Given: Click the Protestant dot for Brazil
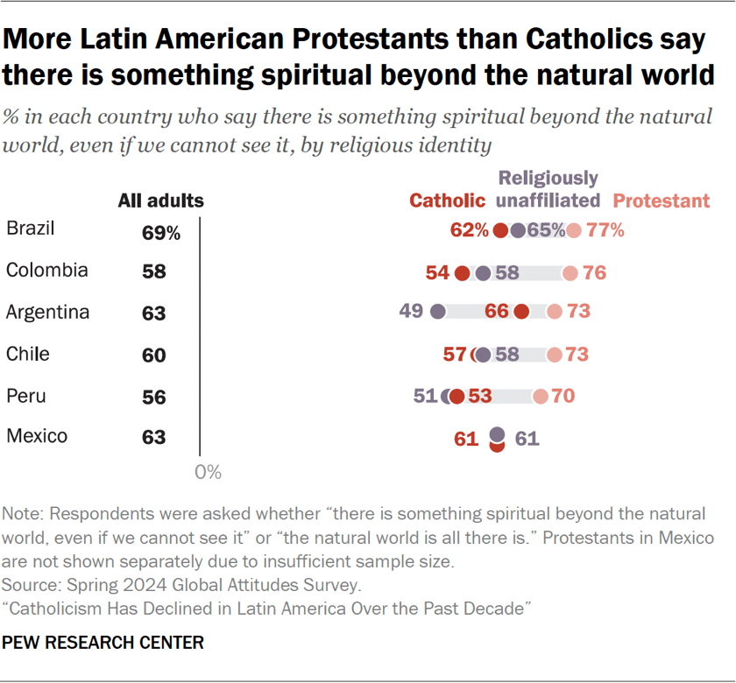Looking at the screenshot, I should pos(573,231).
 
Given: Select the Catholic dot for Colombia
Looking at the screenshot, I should pos(463,273).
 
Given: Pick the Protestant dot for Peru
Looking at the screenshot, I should pos(541,397).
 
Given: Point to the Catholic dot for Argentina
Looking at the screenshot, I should pos(521,312).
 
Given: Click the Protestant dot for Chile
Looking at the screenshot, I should pos(554,355).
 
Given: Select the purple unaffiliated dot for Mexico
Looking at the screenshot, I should pos(497,433).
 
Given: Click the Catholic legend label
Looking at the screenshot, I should pos(447,201).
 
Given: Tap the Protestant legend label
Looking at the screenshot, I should pos(662,201).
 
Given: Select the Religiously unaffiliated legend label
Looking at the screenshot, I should pos(548,189).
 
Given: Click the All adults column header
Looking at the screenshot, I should pos(161,201).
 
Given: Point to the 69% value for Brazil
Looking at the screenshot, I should pos(161,233).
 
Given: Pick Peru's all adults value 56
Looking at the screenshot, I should pos(154,397).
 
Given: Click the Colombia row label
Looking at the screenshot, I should pos(46,271).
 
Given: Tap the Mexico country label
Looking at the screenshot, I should pos(37,435).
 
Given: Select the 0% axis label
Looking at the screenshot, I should pos(208,473).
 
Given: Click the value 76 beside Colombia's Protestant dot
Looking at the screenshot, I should pos(595,273).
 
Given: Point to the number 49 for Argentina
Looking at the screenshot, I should pos(411,312).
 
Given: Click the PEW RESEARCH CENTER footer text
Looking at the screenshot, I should pos(103,643).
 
